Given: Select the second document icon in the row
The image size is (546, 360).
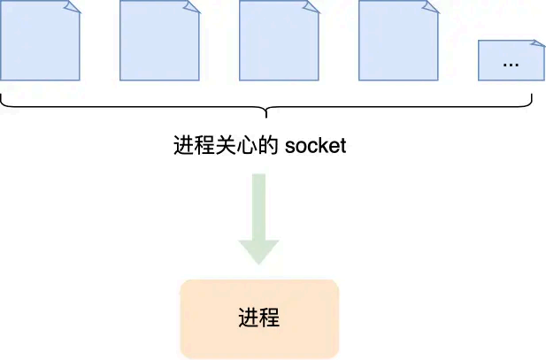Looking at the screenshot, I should pos(159,41).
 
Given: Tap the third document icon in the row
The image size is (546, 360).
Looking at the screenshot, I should pos(279,41).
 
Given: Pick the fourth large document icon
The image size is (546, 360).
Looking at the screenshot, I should pos(398,41).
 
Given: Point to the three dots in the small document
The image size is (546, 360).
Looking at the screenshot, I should pos(511,64).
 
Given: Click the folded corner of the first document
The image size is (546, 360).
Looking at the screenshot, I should pos(73,6).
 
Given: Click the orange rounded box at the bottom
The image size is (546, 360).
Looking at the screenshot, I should pos(259,318).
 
